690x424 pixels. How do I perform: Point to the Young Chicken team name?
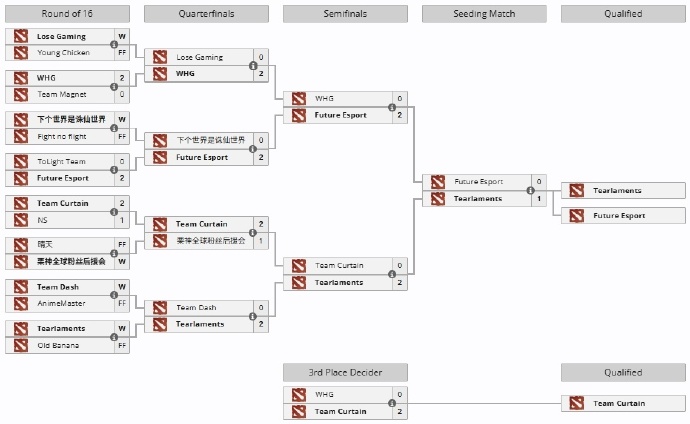[x=63, y=53]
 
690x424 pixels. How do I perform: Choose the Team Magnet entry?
[x=62, y=94]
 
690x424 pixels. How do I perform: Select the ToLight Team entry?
[x=62, y=161]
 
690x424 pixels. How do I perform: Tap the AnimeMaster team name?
[x=62, y=303]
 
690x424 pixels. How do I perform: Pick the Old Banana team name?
[x=60, y=345]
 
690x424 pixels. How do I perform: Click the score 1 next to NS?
[x=122, y=220]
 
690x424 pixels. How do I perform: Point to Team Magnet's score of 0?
[x=122, y=94]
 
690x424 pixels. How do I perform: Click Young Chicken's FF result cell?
[x=122, y=53]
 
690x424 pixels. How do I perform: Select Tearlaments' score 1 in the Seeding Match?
[x=540, y=198]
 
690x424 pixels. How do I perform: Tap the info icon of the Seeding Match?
[x=532, y=190]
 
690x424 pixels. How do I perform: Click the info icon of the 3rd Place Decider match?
[x=393, y=403]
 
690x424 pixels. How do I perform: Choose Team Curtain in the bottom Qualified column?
[x=619, y=403]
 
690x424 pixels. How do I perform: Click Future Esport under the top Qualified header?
[x=619, y=215]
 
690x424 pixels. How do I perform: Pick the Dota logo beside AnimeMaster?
[x=20, y=303]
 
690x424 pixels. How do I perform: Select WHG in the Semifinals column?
[x=324, y=99]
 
